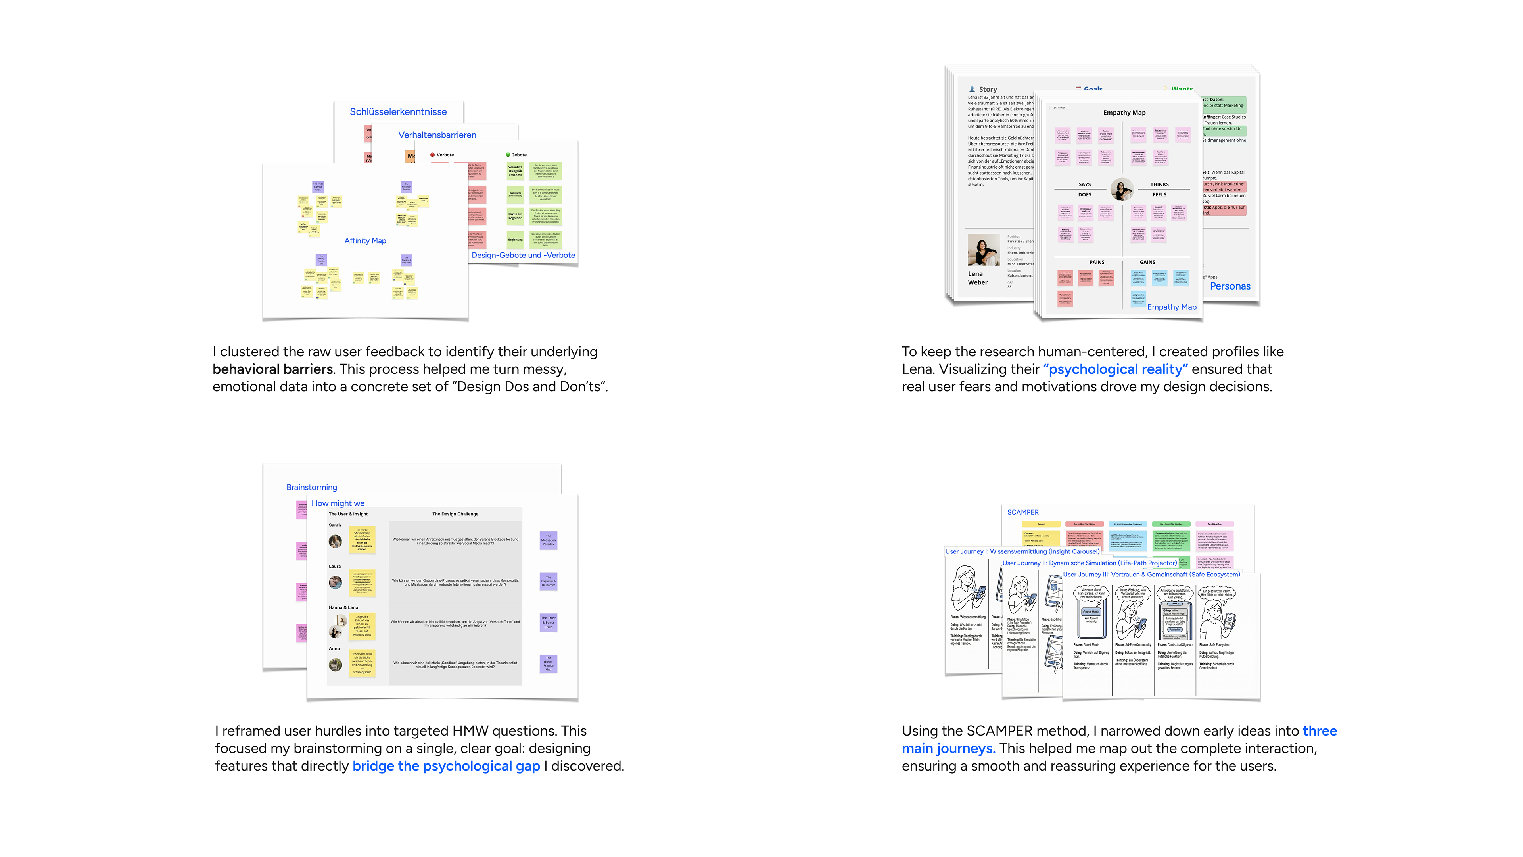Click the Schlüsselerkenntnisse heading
(398, 112)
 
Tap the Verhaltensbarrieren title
(437, 135)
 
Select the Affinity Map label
(365, 241)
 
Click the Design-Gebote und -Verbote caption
(523, 256)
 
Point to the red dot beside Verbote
(433, 155)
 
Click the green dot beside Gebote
(507, 155)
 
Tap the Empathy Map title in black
(1124, 113)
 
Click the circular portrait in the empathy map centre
(1122, 189)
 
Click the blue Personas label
(1230, 286)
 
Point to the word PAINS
(1097, 262)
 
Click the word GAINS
(1147, 262)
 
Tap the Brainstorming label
(312, 487)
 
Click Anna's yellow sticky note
(362, 663)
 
